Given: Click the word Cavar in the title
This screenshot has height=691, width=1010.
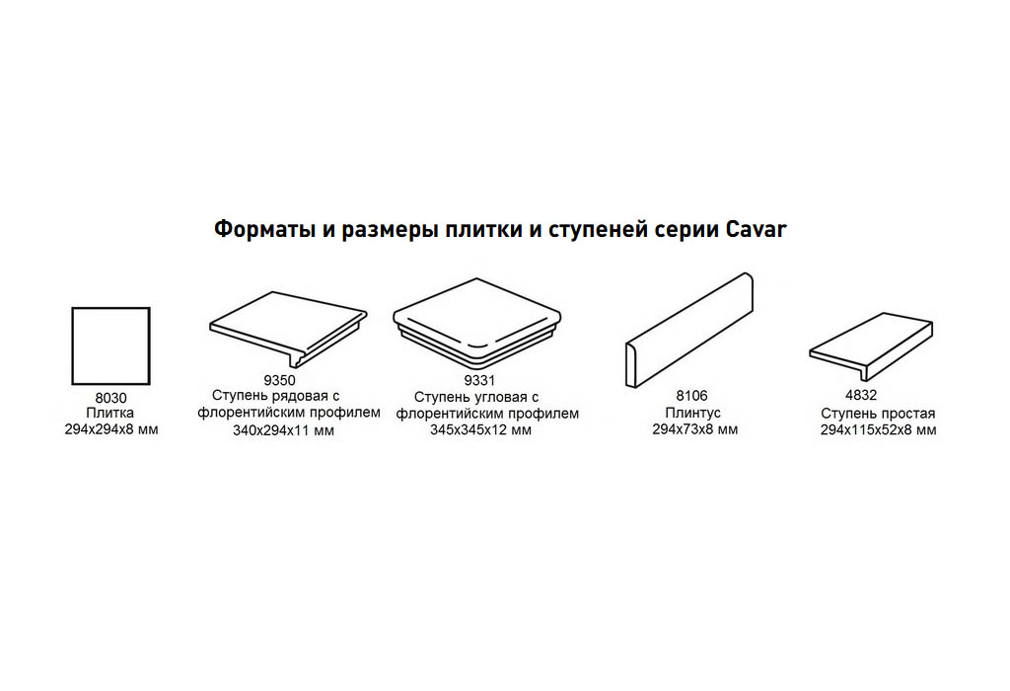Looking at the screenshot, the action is [757, 229].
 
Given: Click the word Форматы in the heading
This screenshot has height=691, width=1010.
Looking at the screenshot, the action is [264, 229].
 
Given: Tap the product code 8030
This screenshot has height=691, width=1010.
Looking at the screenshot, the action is [110, 398].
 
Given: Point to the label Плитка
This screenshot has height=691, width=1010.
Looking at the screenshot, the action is [110, 413].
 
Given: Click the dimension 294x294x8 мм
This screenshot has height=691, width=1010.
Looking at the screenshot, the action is [111, 429].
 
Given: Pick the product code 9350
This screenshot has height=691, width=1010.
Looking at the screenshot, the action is [279, 380].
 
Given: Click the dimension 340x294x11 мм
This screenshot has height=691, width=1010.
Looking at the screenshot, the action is [283, 430].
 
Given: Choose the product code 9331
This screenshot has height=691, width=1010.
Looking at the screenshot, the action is [479, 381].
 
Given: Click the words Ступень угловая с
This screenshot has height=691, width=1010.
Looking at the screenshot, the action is [476, 397].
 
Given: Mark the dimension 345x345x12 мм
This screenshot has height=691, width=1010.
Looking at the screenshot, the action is [481, 430].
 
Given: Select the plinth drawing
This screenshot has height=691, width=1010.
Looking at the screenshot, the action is [689, 330].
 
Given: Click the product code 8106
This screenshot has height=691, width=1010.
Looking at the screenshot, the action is [691, 396].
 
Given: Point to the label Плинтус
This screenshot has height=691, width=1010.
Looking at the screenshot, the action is [693, 413].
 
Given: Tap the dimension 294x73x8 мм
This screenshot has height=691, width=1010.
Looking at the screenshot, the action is [695, 429].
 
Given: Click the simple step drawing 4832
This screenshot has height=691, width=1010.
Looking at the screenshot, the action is [871, 346].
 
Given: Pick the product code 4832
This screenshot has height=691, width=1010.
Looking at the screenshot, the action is [861, 395].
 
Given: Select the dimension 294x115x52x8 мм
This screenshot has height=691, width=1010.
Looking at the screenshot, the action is [879, 430].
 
